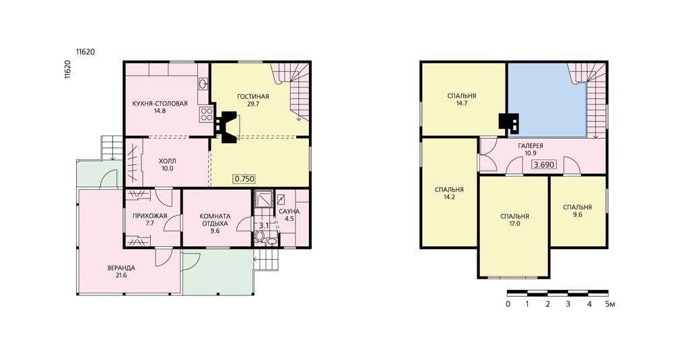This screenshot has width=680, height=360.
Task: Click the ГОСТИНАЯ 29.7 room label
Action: [x=253, y=100]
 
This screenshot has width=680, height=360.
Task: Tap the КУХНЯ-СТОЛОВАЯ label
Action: [x=160, y=104]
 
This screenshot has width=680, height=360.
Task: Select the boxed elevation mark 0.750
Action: [x=244, y=178]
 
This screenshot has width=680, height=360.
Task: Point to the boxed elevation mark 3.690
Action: [x=544, y=165]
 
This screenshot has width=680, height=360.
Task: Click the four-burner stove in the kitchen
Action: [x=206, y=114]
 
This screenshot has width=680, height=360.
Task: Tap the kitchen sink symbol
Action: [x=203, y=83]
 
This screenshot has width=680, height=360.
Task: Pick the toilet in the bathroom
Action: [x=259, y=237]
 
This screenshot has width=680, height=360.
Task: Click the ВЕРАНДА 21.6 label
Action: [x=121, y=272]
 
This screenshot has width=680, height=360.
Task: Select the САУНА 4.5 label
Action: [x=290, y=215]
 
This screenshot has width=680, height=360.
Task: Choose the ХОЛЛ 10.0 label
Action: [x=168, y=165]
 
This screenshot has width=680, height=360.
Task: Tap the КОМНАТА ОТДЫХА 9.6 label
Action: [x=215, y=223]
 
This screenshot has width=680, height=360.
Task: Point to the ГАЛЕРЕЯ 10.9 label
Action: [x=531, y=149]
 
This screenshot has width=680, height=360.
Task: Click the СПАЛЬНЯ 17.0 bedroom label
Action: [x=515, y=220]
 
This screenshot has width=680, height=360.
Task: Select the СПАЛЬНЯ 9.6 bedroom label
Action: [x=578, y=211]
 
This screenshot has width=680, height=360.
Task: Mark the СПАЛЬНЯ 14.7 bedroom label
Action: [x=462, y=99]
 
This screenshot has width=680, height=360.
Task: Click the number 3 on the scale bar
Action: [x=568, y=304]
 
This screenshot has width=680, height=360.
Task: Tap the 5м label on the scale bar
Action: [x=610, y=304]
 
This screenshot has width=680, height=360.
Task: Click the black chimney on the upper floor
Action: [x=509, y=122]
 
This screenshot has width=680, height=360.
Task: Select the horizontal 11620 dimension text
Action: [x=86, y=52]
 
